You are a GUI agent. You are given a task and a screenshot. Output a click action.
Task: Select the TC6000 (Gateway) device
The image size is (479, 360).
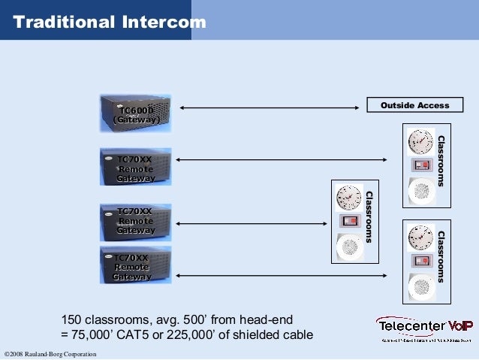136,113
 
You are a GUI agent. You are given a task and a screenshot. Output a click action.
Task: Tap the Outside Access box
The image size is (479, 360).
414,105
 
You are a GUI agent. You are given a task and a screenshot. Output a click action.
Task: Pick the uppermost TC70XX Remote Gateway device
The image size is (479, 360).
136,167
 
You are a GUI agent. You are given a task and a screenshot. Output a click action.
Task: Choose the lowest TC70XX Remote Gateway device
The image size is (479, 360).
136,266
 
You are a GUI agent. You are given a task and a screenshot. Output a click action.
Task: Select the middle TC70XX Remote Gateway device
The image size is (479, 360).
136,221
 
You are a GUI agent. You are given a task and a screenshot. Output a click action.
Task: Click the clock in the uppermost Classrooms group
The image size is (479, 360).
420,141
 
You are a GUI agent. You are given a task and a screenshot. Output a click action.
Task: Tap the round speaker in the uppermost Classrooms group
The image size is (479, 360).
420,191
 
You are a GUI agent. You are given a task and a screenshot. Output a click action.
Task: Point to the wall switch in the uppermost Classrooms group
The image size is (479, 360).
420,165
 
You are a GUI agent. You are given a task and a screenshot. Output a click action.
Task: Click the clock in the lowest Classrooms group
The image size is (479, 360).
420,237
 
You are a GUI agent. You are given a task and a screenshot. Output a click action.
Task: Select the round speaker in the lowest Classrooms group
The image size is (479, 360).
420,286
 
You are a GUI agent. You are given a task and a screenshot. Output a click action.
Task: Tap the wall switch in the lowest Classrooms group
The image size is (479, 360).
420,262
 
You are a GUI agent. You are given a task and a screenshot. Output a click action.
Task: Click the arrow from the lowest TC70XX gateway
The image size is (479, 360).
279,276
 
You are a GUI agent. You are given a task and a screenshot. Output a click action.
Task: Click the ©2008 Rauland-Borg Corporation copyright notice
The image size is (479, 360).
50,354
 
